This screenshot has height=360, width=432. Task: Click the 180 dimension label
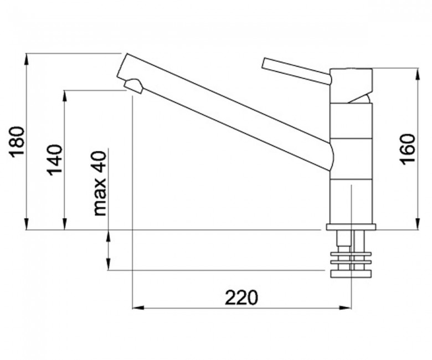(17, 142)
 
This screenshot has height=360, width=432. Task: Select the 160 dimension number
(408, 150)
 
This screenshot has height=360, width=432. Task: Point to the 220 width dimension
(241, 297)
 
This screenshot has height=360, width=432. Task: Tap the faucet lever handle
(297, 70)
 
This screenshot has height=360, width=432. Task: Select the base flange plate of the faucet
(351, 227)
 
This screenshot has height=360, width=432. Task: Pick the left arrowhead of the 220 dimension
(138, 307)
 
